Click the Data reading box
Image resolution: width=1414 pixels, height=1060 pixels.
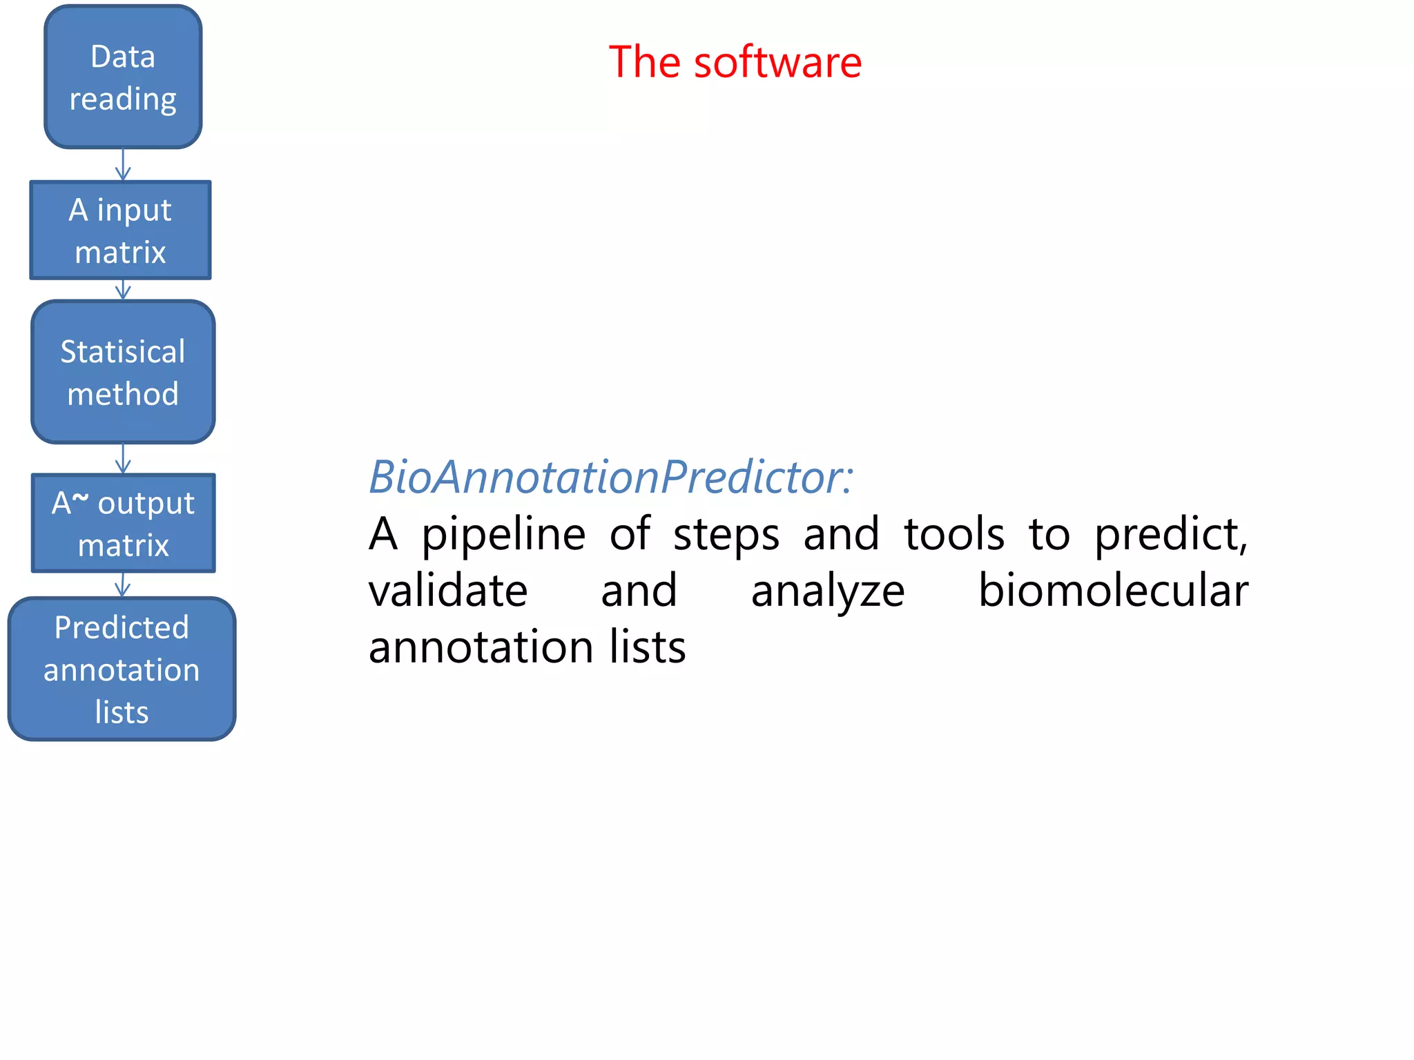point(123,77)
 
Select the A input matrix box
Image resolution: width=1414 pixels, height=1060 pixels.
point(120,230)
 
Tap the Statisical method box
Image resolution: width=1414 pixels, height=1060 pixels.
point(123,372)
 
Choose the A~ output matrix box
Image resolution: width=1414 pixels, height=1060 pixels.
point(123,523)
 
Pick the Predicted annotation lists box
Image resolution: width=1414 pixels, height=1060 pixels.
point(122,669)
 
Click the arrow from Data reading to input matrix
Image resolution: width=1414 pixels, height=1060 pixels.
point(123,165)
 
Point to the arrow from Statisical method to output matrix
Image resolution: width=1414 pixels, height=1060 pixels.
point(123,458)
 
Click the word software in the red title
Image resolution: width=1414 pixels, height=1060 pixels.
point(777,62)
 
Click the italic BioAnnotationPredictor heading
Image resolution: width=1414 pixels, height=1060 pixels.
point(610,477)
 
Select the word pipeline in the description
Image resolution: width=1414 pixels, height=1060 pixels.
point(503,536)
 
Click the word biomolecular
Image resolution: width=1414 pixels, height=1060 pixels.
point(1113,591)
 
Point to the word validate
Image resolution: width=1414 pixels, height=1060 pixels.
point(448,591)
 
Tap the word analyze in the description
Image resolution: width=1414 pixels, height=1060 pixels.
point(827,592)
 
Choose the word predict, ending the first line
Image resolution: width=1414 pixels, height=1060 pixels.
point(1171,536)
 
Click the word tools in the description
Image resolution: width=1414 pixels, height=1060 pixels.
point(954,534)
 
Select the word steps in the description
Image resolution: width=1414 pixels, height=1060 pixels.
point(726,536)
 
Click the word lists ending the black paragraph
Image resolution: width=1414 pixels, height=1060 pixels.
point(647,647)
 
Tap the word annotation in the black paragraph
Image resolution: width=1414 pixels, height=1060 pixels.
point(481,647)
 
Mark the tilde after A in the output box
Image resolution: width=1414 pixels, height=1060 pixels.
point(81,497)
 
